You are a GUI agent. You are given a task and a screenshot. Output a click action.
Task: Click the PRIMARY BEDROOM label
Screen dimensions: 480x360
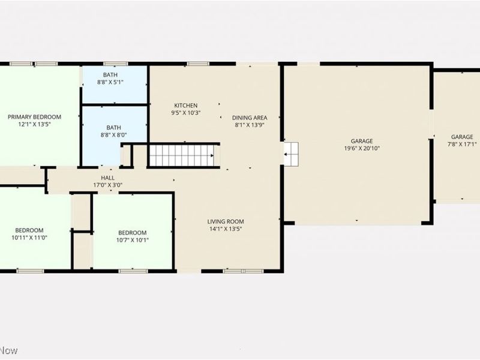tap(34, 117)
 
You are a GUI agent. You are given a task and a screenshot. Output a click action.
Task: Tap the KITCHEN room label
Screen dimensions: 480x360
tap(186, 106)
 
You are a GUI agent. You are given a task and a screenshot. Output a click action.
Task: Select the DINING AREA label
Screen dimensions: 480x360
tap(250, 118)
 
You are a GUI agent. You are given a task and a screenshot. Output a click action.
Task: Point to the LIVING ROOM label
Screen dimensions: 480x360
tap(226, 221)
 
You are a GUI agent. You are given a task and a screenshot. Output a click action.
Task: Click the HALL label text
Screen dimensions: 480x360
tap(108, 178)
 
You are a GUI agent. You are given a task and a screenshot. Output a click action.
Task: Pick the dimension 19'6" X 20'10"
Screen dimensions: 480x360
tap(362, 148)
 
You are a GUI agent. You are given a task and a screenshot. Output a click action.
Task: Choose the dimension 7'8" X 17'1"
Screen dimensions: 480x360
tap(462, 144)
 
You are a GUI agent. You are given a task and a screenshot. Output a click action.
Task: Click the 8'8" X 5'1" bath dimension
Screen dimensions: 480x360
tap(110, 82)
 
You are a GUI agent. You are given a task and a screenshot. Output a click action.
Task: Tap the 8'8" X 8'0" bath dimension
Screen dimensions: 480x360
tap(113, 134)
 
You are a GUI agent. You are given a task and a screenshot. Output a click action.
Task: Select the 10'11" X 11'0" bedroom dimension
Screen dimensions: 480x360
tap(29, 238)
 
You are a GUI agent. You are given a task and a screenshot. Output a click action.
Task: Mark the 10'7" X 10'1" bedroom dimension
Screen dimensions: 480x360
tap(132, 240)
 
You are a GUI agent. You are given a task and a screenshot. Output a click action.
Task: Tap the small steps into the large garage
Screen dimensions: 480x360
tap(291, 154)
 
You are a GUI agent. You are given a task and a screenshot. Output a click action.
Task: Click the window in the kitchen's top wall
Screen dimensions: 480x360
tap(198, 64)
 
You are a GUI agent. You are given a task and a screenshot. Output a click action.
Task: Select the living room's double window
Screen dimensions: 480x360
tap(243, 271)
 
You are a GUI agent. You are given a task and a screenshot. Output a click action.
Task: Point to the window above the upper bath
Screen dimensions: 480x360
tap(115, 64)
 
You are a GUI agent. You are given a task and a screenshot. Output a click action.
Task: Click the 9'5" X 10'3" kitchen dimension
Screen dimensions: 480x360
tap(186, 113)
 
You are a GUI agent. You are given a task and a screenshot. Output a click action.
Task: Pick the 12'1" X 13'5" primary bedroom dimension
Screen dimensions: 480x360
tap(34, 124)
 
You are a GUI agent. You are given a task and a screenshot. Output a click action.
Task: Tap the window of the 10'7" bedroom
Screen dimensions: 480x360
tap(133, 271)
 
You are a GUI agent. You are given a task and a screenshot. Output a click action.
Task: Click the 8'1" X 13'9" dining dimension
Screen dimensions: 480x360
tap(250, 125)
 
